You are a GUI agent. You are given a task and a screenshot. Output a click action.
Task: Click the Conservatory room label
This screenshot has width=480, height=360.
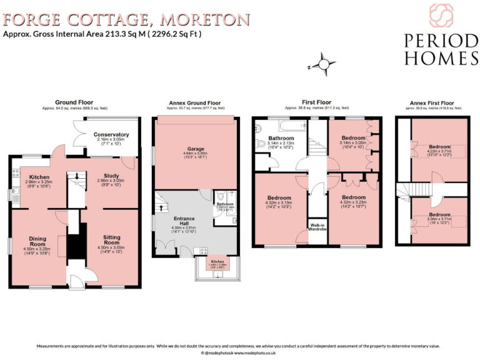click(x=111, y=134)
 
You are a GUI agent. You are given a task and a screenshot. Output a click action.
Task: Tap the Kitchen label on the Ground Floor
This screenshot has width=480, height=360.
click(x=39, y=177)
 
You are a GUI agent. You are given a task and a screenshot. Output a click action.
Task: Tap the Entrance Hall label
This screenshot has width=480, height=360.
click(x=184, y=221)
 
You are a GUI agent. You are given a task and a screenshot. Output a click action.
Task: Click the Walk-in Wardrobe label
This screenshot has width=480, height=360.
click(x=316, y=227)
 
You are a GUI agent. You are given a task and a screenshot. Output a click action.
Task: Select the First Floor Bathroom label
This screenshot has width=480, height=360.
click(x=281, y=138)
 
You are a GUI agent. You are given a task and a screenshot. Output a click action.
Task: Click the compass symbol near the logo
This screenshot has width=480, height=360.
click(x=324, y=64)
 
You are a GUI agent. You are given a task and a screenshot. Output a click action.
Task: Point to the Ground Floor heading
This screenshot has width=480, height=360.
click(x=74, y=102)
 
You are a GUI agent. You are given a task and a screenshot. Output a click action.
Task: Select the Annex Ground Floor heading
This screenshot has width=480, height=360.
click(x=194, y=103)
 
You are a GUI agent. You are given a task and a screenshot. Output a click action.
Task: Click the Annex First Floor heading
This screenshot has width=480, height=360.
click(x=432, y=103)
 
